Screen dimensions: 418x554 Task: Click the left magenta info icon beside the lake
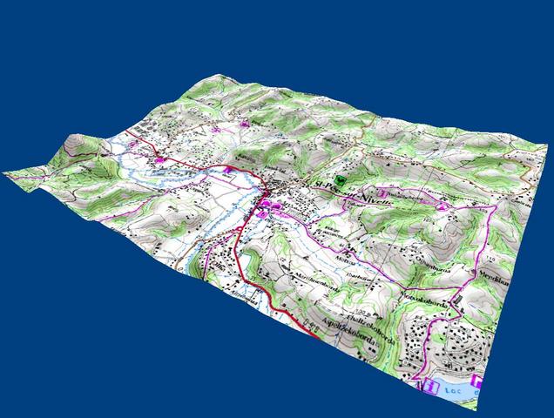pos(429,384)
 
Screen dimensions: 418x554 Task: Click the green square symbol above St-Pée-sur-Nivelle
pos(340,175)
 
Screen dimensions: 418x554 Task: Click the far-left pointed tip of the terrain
pos(4,172)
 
